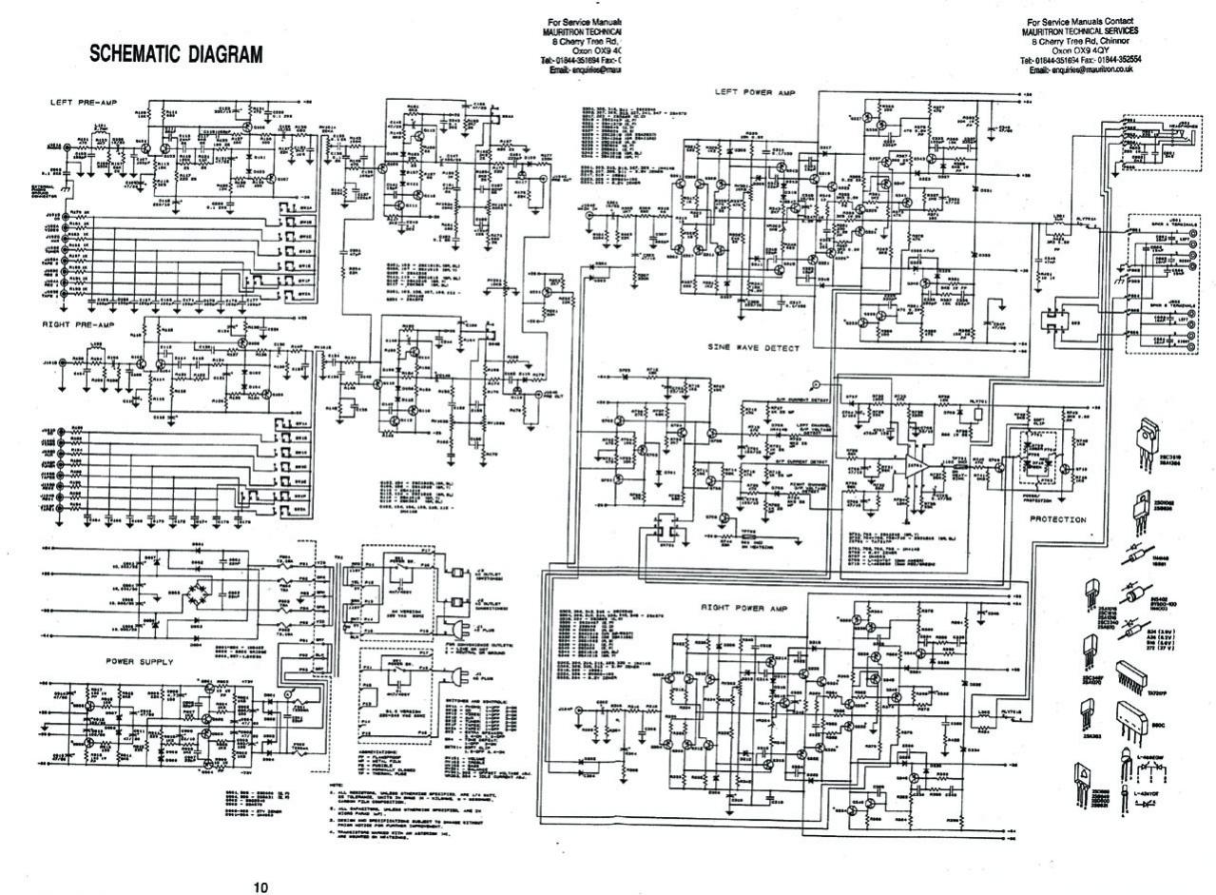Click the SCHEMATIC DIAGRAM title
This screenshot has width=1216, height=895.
point(175,54)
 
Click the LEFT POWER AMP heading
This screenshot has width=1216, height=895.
point(755,92)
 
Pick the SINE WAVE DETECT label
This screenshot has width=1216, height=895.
point(752,349)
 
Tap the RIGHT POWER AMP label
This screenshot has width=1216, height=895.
point(744,606)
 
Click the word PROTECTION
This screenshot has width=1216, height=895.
point(1058,519)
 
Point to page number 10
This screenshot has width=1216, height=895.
point(261,887)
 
